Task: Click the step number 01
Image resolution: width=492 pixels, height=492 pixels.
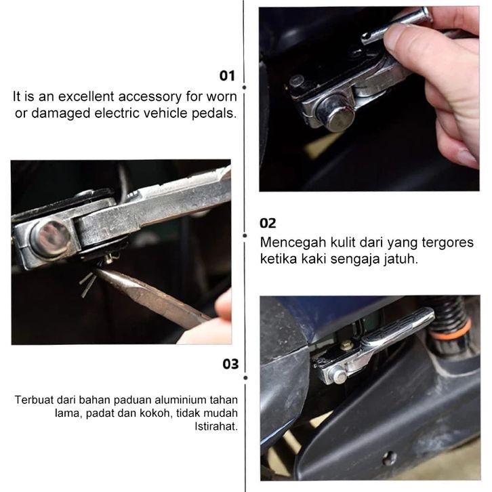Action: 227,76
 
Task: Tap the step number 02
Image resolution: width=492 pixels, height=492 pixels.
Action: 268,223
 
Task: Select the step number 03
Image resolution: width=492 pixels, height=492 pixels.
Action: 230,364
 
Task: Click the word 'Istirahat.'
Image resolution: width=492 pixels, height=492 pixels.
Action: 216,426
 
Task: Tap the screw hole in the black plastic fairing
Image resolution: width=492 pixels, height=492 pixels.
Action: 390,459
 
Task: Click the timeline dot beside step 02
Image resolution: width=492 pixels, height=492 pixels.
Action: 245,235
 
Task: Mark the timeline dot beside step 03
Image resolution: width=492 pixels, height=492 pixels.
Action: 245,377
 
